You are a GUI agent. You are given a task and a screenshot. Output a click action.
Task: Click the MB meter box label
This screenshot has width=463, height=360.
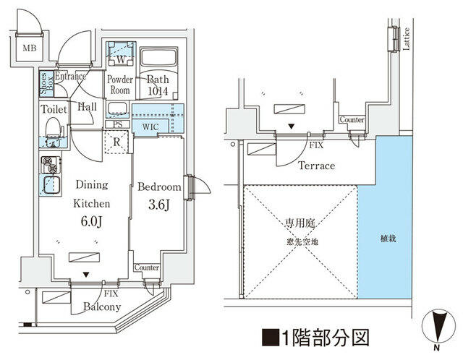30,48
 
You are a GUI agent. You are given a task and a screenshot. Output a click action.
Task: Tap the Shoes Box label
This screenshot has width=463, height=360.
46,84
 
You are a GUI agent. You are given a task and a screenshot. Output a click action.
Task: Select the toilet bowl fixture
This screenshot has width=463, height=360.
54,127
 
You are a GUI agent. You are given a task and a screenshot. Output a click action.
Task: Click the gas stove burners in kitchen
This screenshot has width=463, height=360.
51,165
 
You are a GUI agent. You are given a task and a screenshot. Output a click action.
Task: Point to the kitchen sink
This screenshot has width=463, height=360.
51,185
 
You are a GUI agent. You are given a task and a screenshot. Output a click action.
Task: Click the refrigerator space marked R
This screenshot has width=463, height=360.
117,142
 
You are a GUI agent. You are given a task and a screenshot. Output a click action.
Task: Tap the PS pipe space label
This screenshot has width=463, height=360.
117,124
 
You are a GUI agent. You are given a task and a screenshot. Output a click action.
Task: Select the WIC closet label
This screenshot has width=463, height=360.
150,127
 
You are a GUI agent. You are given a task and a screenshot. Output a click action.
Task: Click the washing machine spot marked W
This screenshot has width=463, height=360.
121,59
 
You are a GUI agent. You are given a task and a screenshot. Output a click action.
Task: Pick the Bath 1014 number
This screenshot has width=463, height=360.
158,91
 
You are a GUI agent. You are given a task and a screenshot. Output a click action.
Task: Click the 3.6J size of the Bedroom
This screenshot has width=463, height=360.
159,205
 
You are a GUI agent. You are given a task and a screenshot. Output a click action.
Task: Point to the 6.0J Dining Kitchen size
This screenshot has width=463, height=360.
92,221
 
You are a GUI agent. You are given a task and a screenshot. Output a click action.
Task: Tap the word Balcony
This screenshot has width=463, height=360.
102,307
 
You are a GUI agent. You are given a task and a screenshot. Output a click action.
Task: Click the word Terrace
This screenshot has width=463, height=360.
317,166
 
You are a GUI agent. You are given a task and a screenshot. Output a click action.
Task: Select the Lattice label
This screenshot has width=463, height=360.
406,38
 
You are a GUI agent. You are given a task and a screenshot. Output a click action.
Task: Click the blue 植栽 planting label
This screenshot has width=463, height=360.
388,239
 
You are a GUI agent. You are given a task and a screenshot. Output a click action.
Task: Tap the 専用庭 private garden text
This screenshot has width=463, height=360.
300,223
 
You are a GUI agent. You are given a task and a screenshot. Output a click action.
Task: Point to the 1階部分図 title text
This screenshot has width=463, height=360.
315,338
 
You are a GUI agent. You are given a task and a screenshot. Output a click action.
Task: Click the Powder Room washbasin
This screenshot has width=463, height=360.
117,108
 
